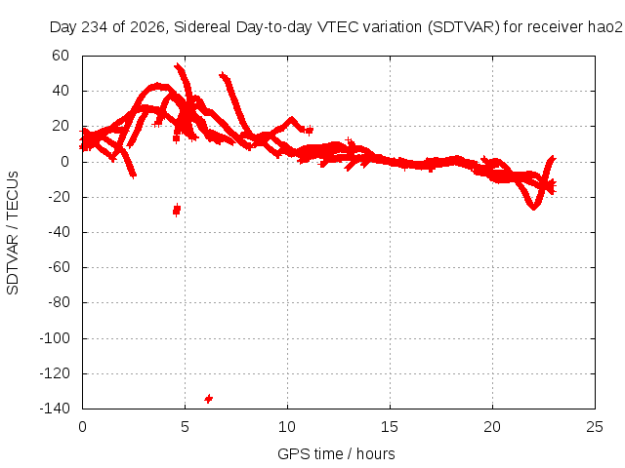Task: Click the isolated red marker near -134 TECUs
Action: point(208,399)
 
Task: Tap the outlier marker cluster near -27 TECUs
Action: point(177,210)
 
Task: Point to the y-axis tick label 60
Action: point(61,56)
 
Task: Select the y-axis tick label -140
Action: point(55,409)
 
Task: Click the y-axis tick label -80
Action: point(59,302)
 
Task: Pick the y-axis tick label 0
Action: point(65,162)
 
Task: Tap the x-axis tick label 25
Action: point(595,427)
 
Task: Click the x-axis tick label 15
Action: point(390,427)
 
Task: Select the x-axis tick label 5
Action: point(185,427)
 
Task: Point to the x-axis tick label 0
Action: point(82,427)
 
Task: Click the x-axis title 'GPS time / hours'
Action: point(336,453)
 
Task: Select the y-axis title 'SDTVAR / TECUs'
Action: point(13,233)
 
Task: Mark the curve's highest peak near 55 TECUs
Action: point(178,66)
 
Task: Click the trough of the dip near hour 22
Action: point(533,207)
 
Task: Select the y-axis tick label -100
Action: point(55,338)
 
